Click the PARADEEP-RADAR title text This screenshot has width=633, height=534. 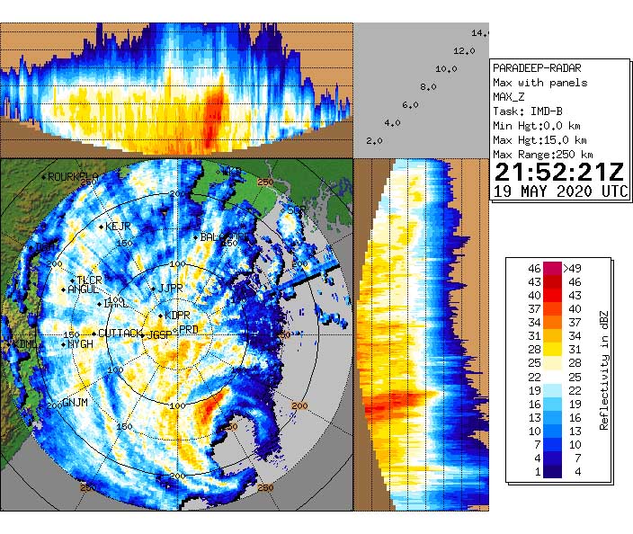537,68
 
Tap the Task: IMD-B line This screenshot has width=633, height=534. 528,111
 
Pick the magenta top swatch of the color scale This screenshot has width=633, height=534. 552,268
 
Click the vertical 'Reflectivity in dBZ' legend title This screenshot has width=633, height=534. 604,369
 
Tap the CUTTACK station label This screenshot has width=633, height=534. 120,334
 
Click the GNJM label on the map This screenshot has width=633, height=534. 75,402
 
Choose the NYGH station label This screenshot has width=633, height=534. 80,344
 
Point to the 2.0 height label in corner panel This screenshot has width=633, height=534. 374,141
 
